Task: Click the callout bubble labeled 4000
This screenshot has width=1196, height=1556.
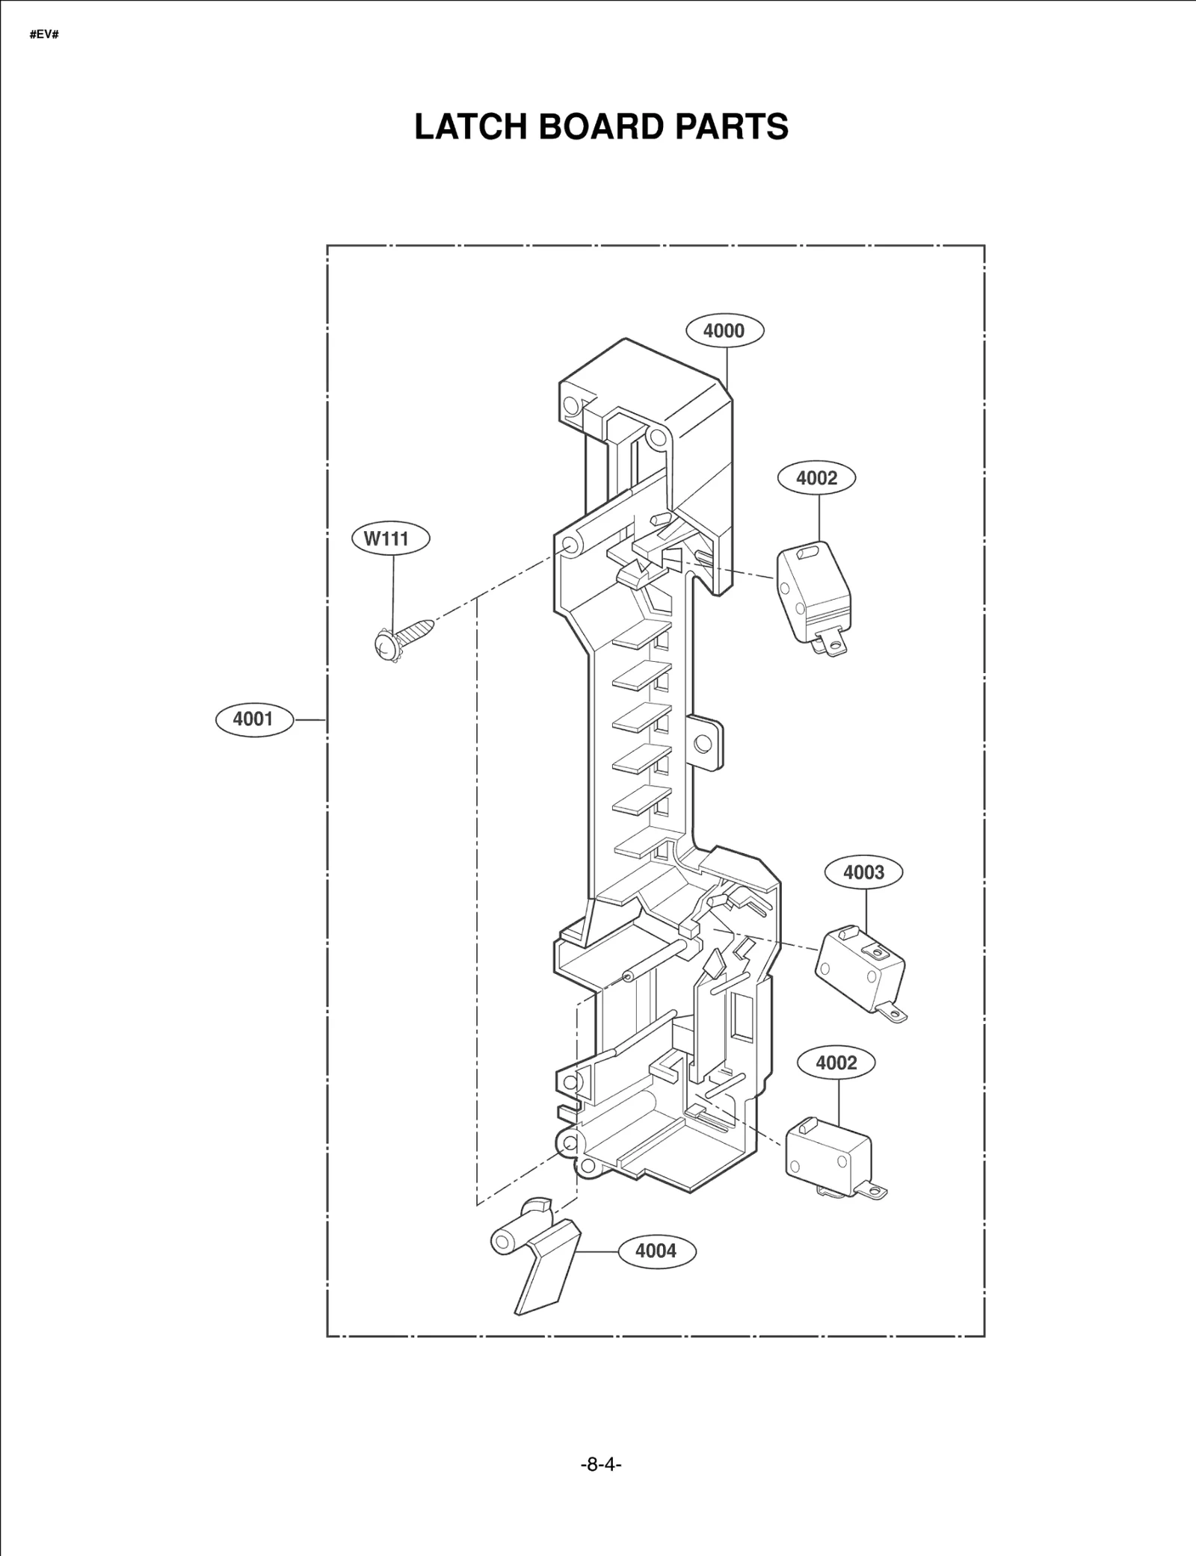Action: click(x=724, y=330)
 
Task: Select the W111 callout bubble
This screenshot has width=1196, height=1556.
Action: click(x=391, y=539)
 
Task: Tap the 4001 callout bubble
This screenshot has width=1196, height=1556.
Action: click(x=254, y=719)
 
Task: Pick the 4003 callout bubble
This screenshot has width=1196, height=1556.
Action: click(x=863, y=872)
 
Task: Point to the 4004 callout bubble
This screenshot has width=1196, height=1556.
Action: click(x=656, y=1250)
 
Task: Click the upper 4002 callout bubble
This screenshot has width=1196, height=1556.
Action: click(x=816, y=478)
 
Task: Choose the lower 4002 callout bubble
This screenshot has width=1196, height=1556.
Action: click(x=836, y=1062)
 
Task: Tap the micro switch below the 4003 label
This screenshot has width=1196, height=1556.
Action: click(x=860, y=969)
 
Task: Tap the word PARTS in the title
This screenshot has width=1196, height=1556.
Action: click(x=732, y=127)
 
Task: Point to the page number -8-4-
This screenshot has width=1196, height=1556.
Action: click(x=601, y=1464)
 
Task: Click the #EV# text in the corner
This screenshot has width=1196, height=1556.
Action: click(x=44, y=35)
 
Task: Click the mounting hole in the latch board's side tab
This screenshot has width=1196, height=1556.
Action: click(x=703, y=743)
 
